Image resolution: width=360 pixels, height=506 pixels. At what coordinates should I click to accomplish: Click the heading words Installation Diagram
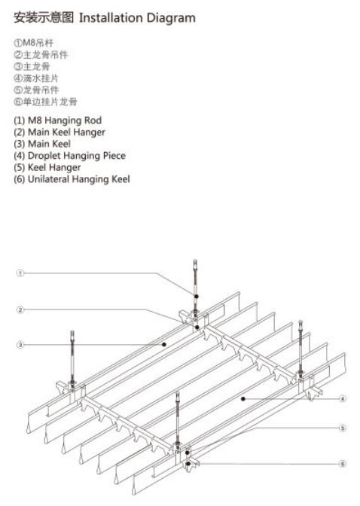click(137, 18)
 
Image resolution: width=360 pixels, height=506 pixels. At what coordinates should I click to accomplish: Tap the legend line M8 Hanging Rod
click(58, 120)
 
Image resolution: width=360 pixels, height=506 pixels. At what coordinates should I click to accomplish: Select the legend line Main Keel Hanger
click(59, 133)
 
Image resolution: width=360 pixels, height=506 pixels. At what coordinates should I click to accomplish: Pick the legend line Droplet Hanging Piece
click(70, 156)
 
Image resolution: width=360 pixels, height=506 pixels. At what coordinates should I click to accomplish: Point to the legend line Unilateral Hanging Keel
click(72, 179)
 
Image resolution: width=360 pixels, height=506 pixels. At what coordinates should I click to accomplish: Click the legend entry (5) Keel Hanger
click(47, 167)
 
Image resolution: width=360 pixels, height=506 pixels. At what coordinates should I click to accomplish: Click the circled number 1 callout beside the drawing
click(20, 273)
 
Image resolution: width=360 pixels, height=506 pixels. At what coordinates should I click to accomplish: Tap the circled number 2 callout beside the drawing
click(20, 309)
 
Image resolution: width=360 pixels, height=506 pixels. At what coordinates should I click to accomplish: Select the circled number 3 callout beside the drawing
click(20, 345)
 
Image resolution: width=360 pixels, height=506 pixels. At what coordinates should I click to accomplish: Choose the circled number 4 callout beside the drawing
click(343, 399)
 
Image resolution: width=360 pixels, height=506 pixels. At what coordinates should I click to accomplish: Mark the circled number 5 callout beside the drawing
click(343, 428)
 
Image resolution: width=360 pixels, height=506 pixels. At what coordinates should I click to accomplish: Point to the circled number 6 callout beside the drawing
click(343, 464)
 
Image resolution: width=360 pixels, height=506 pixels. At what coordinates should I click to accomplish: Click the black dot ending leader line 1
click(197, 296)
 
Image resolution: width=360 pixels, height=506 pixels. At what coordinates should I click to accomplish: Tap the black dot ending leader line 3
click(164, 345)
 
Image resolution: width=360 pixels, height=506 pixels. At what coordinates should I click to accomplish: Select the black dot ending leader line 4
click(243, 399)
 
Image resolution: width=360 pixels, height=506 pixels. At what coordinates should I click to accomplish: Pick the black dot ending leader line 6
click(188, 464)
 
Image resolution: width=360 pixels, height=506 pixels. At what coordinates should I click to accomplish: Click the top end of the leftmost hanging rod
click(72, 331)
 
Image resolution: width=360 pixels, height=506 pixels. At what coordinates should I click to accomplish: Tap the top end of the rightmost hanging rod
click(301, 321)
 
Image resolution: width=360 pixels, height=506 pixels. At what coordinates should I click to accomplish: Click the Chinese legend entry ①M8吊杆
click(34, 43)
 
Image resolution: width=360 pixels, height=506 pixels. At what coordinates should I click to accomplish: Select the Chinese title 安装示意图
click(44, 18)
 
